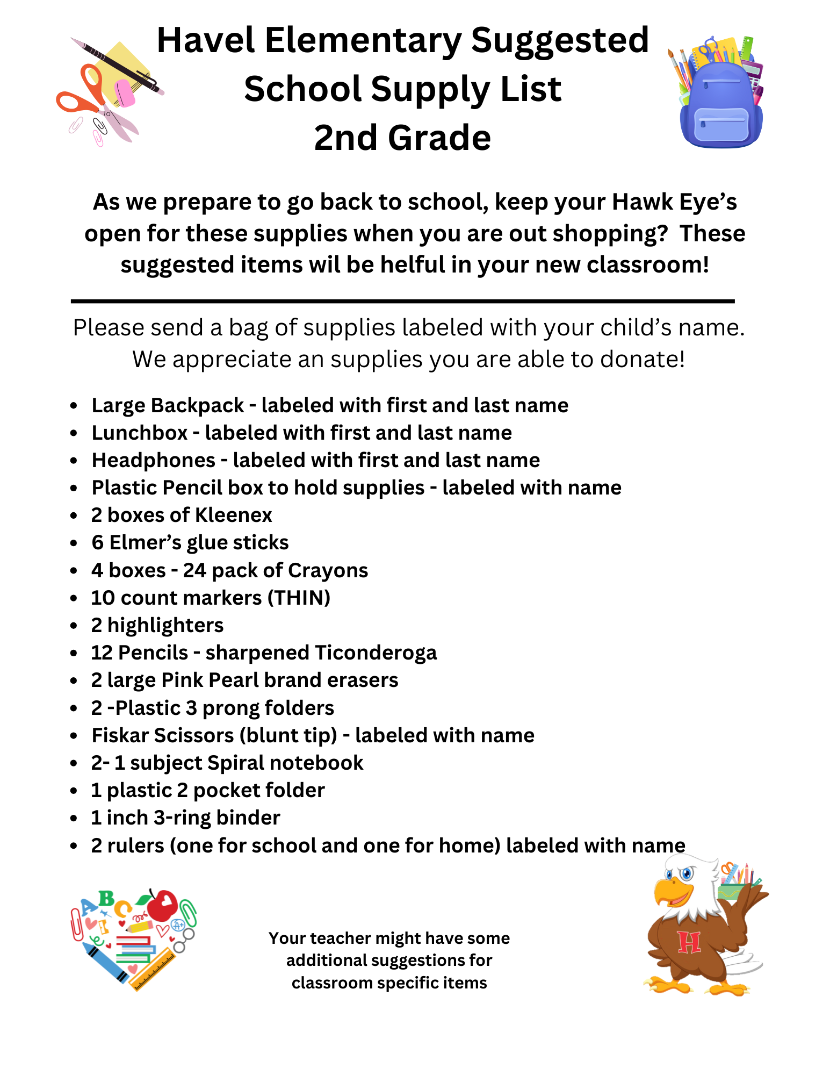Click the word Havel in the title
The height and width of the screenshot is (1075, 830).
click(x=205, y=41)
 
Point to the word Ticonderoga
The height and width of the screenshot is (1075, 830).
click(x=375, y=653)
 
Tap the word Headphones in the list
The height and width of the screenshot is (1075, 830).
click(x=154, y=460)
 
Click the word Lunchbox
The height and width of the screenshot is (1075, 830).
click(x=140, y=433)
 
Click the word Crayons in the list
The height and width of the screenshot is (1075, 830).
click(x=328, y=570)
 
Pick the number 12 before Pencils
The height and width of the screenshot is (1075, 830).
click(x=102, y=653)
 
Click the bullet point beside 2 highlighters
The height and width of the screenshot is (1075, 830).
click(x=74, y=626)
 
